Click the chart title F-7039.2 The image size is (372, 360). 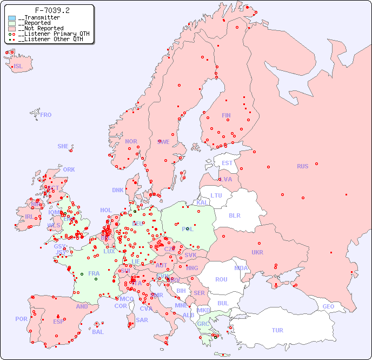coord(52,10)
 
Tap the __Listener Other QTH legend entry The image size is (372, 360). coord(50,39)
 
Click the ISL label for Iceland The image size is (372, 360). coord(18,67)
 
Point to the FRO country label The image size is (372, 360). coord(46,115)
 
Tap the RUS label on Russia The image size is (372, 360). coord(302,166)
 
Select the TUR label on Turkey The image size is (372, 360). coord(277,330)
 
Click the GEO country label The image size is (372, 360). coord(328,306)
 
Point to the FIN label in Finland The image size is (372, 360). coord(226,115)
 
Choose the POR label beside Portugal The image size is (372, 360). coord(21,319)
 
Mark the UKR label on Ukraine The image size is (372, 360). coord(257,252)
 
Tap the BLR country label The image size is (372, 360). coord(234,215)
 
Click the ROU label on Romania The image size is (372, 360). coord(221,279)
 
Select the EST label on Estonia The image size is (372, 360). coord(227,163)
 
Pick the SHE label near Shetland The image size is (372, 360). coord(63,146)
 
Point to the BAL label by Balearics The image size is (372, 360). coord(98,332)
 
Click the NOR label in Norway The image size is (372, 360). coord(131,141)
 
